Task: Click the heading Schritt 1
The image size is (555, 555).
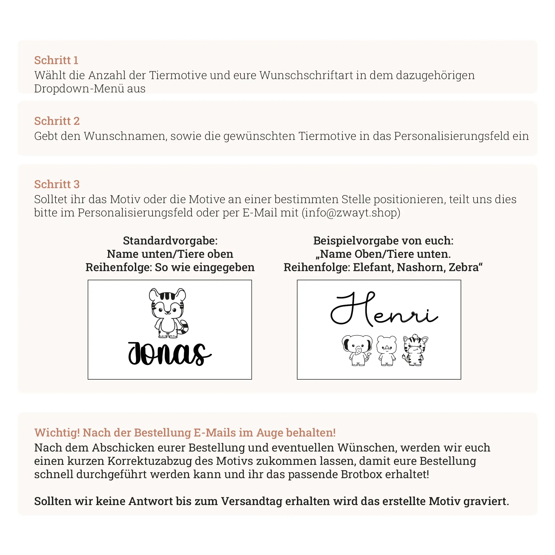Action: pyautogui.click(x=56, y=60)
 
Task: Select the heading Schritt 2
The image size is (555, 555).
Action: pyautogui.click(x=57, y=121)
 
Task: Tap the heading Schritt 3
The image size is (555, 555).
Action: pyautogui.click(x=57, y=184)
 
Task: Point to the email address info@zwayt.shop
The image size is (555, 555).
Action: pyautogui.click(x=351, y=213)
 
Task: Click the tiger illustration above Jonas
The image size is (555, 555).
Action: pyautogui.click(x=169, y=313)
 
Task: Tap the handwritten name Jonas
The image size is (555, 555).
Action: pyautogui.click(x=170, y=354)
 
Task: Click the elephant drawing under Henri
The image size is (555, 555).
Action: pyautogui.click(x=357, y=350)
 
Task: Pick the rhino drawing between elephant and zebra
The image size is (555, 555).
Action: pyautogui.click(x=386, y=350)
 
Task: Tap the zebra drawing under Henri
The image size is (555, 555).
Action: pyautogui.click(x=415, y=350)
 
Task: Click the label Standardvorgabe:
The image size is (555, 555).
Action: pyautogui.click(x=170, y=241)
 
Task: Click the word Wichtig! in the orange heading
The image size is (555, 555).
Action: pyautogui.click(x=57, y=433)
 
